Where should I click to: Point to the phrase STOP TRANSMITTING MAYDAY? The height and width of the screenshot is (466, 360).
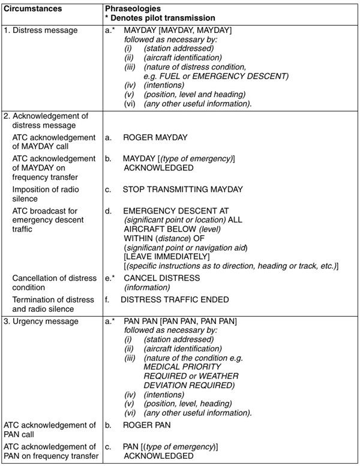point(182,189)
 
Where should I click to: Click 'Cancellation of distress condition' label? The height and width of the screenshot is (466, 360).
point(50,282)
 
